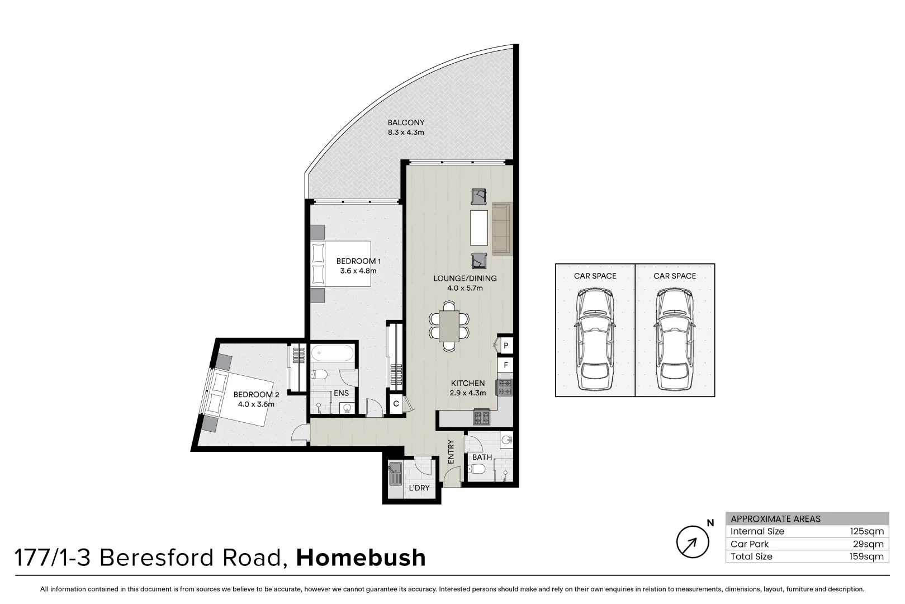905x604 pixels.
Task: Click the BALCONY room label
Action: pyautogui.click(x=406, y=122)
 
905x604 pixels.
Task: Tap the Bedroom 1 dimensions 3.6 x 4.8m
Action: pyautogui.click(x=358, y=271)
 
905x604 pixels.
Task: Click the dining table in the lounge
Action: pyautogui.click(x=449, y=326)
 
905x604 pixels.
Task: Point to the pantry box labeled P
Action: pyautogui.click(x=505, y=346)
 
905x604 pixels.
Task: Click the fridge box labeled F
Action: pyautogui.click(x=505, y=365)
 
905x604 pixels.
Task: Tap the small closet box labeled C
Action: pyautogui.click(x=396, y=404)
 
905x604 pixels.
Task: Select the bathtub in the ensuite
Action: pyautogui.click(x=332, y=354)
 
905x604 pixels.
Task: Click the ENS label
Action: pyautogui.click(x=341, y=393)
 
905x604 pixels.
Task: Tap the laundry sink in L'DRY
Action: pyautogui.click(x=395, y=474)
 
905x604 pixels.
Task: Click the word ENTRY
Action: pyautogui.click(x=451, y=451)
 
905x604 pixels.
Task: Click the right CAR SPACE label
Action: pyautogui.click(x=675, y=276)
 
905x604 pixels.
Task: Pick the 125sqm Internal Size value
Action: pyautogui.click(x=866, y=531)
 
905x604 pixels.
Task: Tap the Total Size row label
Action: pyautogui.click(x=751, y=556)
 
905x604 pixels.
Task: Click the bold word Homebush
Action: pyautogui.click(x=361, y=558)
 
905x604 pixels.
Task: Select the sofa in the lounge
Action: pyautogui.click(x=501, y=228)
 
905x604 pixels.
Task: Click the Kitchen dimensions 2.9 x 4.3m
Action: pyautogui.click(x=468, y=393)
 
